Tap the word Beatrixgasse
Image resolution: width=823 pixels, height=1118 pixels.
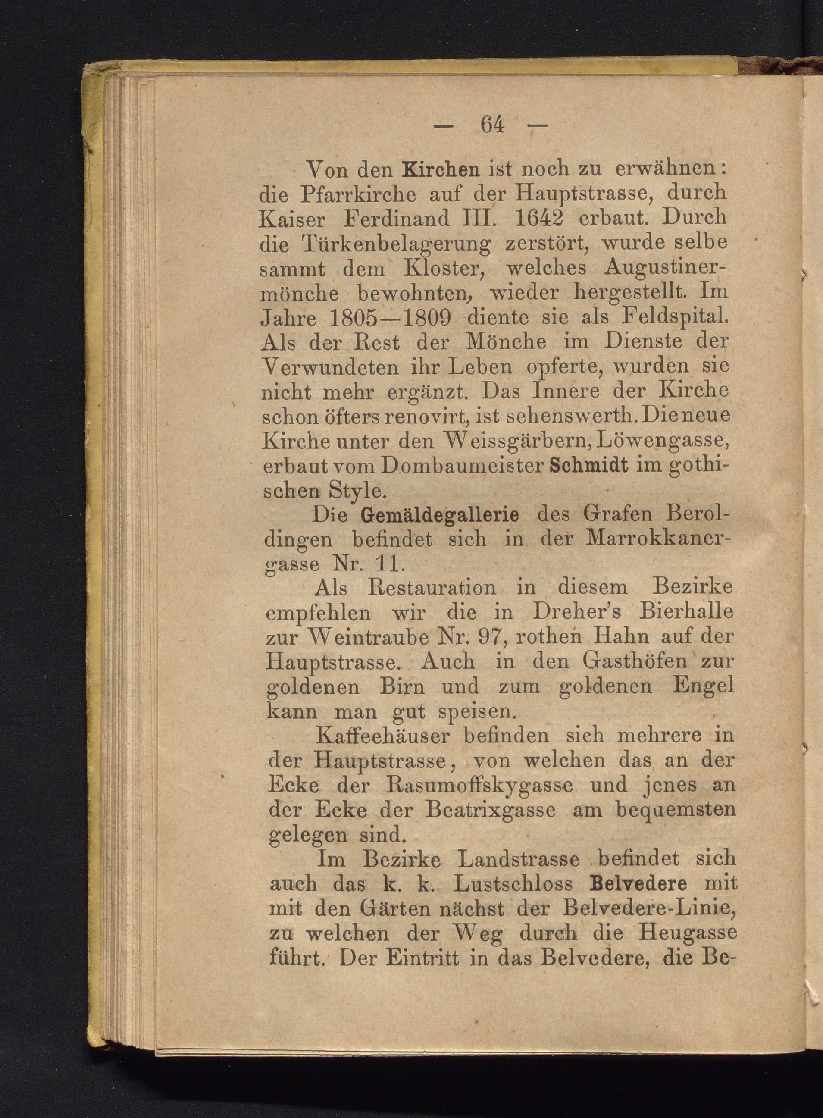(491, 811)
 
